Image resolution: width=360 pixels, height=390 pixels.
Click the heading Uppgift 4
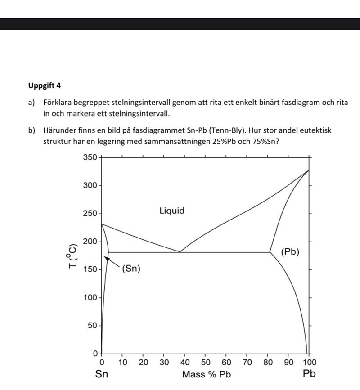(x=44, y=85)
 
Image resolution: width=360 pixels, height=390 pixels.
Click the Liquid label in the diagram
(x=172, y=211)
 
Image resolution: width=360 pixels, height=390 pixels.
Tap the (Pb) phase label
(x=290, y=252)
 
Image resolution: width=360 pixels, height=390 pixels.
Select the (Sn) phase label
(x=131, y=269)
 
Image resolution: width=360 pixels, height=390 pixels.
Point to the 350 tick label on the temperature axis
(x=90, y=157)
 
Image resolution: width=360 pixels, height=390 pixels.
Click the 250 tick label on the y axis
(x=90, y=214)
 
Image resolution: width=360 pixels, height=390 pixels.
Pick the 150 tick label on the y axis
(x=90, y=270)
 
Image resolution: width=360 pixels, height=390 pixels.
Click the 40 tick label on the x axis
(x=184, y=362)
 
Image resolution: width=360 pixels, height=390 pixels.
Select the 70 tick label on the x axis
(x=247, y=362)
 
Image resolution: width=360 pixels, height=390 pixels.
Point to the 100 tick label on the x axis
(x=309, y=362)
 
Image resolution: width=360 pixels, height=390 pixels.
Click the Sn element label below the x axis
(x=101, y=374)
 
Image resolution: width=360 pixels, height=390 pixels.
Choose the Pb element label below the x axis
(x=309, y=374)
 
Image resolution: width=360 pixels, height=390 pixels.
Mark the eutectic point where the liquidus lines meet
(x=180, y=252)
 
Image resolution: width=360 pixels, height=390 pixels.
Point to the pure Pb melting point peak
(x=309, y=170)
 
